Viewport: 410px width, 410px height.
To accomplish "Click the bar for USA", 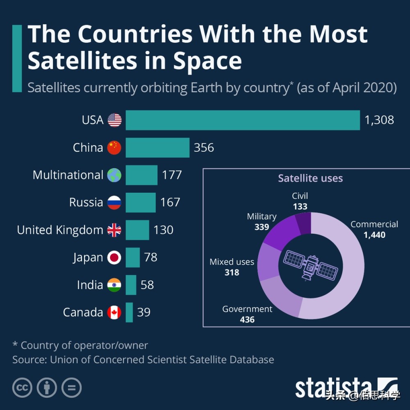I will [243, 120].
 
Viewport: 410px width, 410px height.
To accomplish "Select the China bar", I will [157, 148].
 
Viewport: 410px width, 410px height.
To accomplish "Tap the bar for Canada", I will [129, 312].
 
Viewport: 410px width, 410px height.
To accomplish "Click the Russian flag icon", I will [114, 203].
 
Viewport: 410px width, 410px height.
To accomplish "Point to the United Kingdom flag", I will [114, 230].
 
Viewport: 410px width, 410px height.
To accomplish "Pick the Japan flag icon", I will [114, 257].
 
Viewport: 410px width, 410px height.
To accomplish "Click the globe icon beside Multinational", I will [114, 175].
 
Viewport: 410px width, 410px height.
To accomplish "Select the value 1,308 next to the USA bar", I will [379, 120].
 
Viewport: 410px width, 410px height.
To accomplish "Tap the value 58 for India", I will [147, 285].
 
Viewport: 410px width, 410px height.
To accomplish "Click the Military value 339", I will [262, 227].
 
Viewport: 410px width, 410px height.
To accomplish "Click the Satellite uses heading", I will [310, 178].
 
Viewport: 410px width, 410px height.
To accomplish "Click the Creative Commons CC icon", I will [23, 387].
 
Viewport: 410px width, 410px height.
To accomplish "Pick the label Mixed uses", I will [232, 262].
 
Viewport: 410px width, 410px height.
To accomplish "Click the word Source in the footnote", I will [29, 360].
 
